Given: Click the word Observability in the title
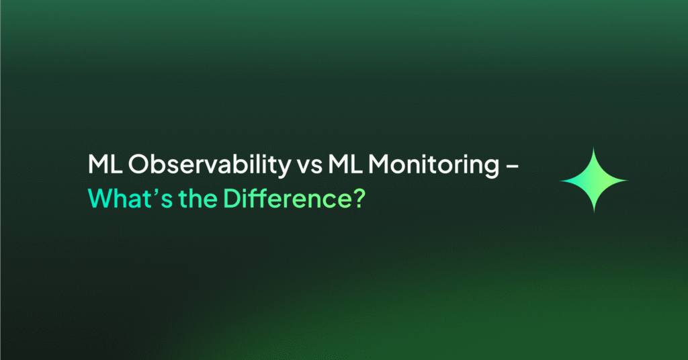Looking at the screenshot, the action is [x=210, y=165].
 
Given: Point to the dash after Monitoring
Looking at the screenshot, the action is [x=513, y=167].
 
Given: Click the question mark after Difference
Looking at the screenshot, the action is [x=358, y=199].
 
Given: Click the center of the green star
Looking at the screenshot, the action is [x=594, y=180].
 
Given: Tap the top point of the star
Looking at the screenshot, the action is [x=594, y=147].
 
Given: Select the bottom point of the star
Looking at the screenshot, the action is [x=594, y=213].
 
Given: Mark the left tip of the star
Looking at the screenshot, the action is [x=560, y=180].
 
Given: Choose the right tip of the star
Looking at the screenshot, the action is [x=628, y=180].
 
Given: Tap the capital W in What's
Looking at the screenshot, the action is [x=103, y=199].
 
